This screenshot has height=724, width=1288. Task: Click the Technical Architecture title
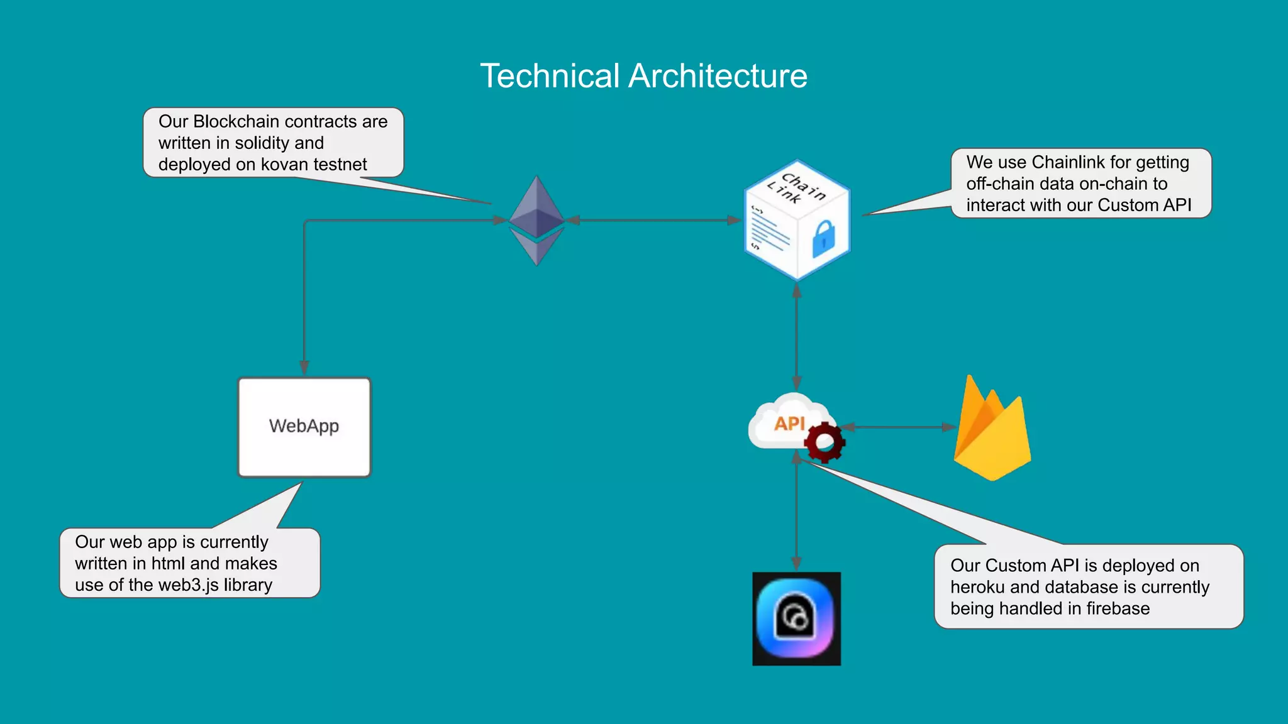pyautogui.click(x=643, y=76)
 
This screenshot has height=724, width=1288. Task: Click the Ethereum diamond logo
pyautogui.click(x=536, y=220)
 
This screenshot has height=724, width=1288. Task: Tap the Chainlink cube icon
pyautogui.click(x=796, y=220)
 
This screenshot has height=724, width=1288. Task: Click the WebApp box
pyautogui.click(x=304, y=427)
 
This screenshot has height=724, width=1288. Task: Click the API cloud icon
pyautogui.click(x=786, y=422)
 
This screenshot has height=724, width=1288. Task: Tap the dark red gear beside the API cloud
pyautogui.click(x=824, y=442)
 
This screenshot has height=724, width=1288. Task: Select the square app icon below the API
pyautogui.click(x=796, y=618)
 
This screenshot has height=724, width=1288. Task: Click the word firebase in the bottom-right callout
pyautogui.click(x=1117, y=608)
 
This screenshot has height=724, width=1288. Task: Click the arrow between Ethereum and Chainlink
pyautogui.click(x=654, y=220)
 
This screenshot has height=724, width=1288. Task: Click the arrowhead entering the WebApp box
pyautogui.click(x=304, y=368)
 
